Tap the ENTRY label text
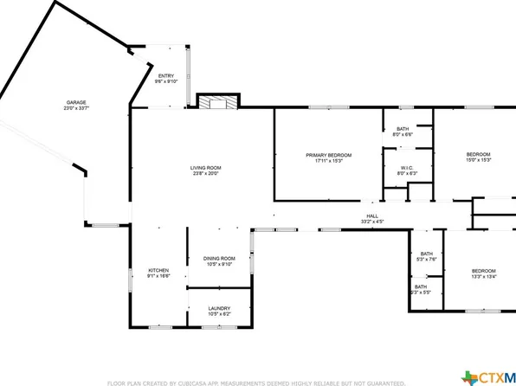coord(164,75)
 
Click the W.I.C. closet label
coord(407,167)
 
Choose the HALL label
coord(372,216)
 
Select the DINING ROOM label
coord(219,258)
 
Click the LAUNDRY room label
coord(219,307)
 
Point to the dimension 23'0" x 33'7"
coord(76,108)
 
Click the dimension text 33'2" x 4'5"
coord(372,222)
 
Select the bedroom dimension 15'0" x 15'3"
coord(479,160)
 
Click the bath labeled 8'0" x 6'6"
coord(403,134)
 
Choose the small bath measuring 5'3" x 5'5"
coord(420,293)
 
